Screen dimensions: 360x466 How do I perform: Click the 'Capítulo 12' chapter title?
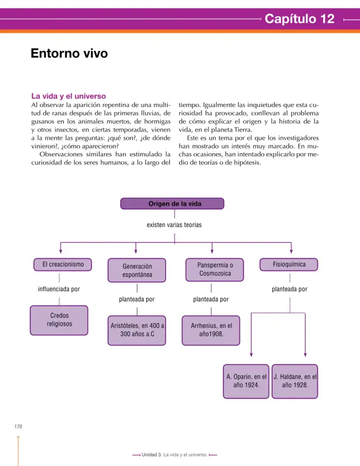pyautogui.click(x=299, y=19)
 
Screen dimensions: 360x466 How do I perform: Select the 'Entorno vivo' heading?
pyautogui.click(x=69, y=54)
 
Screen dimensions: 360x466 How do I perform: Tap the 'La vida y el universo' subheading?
pyautogui.click(x=69, y=96)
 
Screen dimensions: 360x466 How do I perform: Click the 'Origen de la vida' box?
pyautogui.click(x=172, y=204)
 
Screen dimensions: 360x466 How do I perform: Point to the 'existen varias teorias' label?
pyautogui.click(x=174, y=224)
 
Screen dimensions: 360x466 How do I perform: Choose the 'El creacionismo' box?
pyautogui.click(x=63, y=265)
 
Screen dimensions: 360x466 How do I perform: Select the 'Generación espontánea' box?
pyautogui.click(x=137, y=270)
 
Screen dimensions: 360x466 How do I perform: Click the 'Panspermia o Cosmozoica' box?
pyautogui.click(x=215, y=269)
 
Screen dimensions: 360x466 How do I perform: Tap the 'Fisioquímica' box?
pyautogui.click(x=289, y=265)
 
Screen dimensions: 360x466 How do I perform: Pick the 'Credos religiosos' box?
pyautogui.click(x=59, y=320)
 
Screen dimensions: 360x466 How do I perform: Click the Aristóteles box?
pyautogui.click(x=137, y=330)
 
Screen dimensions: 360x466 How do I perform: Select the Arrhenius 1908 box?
pyautogui.click(x=211, y=330)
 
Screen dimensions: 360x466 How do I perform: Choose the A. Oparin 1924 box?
pyautogui.click(x=246, y=381)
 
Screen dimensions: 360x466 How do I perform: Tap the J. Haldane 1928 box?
pyautogui.click(x=295, y=381)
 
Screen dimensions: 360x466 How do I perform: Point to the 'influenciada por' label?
pyautogui.click(x=59, y=289)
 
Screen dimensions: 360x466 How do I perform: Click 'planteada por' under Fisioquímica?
pyautogui.click(x=289, y=289)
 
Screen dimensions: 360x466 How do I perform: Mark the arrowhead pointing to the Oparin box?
pyautogui.click(x=251, y=355)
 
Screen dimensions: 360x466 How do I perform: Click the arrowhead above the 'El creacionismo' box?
pyautogui.click(x=61, y=251)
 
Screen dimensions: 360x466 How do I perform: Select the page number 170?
pyautogui.click(x=18, y=426)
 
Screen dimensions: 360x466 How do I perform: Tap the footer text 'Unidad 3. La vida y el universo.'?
pyautogui.click(x=175, y=455)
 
